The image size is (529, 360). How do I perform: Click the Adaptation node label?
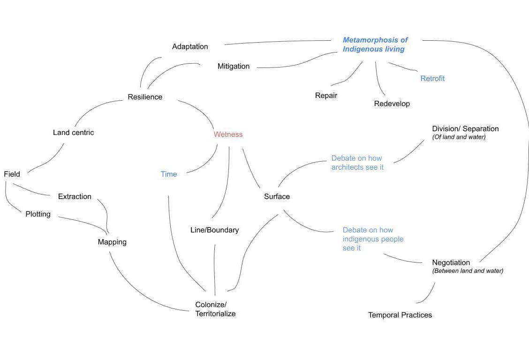190,46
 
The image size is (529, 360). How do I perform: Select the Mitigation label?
234,66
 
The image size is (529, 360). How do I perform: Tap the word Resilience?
145,97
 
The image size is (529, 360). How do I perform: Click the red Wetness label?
228,134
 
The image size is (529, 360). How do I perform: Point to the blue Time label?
169,174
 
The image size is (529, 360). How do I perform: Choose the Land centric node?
73,133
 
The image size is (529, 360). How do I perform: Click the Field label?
12,174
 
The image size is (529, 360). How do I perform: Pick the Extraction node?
75,196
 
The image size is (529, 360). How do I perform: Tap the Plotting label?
38,214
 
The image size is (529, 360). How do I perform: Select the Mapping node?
112,242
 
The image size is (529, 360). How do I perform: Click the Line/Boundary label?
214,230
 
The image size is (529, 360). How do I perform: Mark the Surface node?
277,196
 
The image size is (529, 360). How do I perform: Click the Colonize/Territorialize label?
215,309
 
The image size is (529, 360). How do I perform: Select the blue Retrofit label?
432,78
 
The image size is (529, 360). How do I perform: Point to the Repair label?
326,95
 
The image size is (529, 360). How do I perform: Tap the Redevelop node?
392,104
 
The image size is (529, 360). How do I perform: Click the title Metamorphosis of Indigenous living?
375,45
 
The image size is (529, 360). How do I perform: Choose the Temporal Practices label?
400,315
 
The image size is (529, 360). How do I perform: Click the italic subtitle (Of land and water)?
459,137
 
